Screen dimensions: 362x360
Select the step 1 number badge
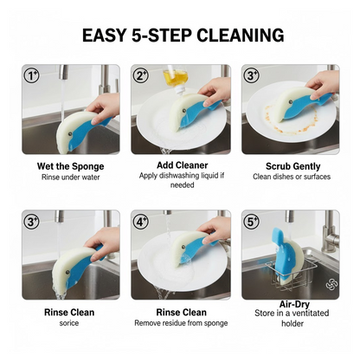[x=32, y=75]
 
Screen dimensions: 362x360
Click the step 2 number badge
[x=142, y=75]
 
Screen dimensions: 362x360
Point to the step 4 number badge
[x=142, y=221]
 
